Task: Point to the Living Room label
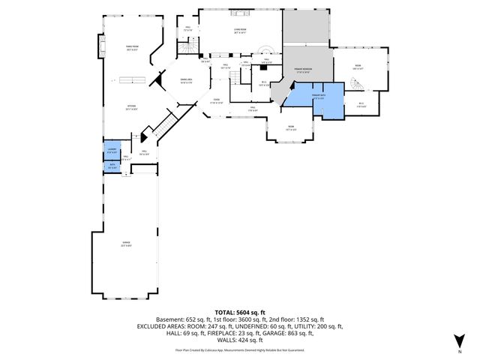(240, 31)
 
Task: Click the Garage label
(126, 244)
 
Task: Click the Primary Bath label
(317, 97)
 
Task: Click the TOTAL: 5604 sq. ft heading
(239, 311)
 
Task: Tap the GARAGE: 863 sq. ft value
(308, 334)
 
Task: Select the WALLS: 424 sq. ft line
(239, 341)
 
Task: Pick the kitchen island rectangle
(127, 79)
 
